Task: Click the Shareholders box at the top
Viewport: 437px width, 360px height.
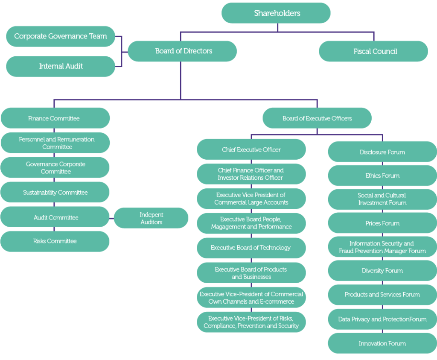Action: (x=276, y=13)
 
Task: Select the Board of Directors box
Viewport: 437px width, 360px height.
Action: (x=182, y=51)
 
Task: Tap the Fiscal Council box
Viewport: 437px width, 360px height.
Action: (x=373, y=51)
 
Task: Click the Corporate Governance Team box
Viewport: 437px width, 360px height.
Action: (x=61, y=36)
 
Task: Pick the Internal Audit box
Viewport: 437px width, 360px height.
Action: (x=61, y=66)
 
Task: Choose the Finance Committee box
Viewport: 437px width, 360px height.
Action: (x=55, y=118)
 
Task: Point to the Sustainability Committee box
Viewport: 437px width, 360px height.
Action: (x=55, y=192)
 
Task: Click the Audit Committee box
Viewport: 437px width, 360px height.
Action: (x=55, y=217)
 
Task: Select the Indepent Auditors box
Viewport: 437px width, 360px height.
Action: (x=151, y=218)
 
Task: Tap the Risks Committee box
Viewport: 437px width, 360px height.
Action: (x=55, y=241)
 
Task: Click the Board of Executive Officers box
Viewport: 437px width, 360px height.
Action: (x=317, y=118)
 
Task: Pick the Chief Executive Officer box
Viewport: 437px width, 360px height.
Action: (x=251, y=149)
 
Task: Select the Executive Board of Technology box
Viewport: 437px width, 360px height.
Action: (x=251, y=248)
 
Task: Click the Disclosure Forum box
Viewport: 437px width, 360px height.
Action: (x=382, y=152)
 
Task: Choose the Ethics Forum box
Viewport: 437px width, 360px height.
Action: (x=382, y=176)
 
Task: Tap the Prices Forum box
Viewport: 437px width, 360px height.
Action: (x=382, y=223)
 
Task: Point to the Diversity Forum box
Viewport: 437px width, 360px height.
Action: (x=382, y=271)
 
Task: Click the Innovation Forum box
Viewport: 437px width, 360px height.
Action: (x=382, y=343)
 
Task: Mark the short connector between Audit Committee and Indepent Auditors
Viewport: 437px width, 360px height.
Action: (x=112, y=218)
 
